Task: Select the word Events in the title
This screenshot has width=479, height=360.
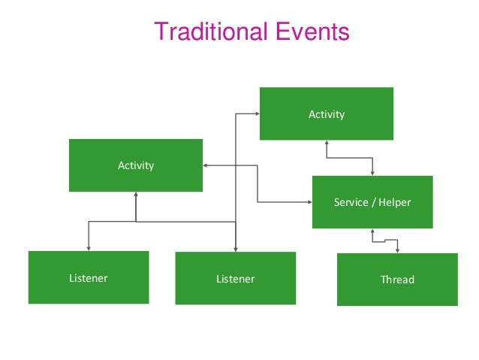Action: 308,32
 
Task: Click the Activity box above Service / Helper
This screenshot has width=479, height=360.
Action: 326,113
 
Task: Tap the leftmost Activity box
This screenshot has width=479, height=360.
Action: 135,165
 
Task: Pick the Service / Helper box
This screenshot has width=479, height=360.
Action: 372,201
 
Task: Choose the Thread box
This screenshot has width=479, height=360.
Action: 396,279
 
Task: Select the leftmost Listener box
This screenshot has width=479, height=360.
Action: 88,277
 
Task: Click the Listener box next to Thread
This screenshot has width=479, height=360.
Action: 235,278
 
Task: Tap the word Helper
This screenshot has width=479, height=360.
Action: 394,202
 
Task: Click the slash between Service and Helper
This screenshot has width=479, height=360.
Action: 372,202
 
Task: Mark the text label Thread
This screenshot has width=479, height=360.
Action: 397,280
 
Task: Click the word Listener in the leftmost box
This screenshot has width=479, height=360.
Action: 88,278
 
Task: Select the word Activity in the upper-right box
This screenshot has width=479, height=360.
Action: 326,114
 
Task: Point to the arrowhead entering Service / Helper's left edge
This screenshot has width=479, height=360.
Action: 309,202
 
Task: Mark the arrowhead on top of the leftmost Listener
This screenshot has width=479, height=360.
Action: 89,247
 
